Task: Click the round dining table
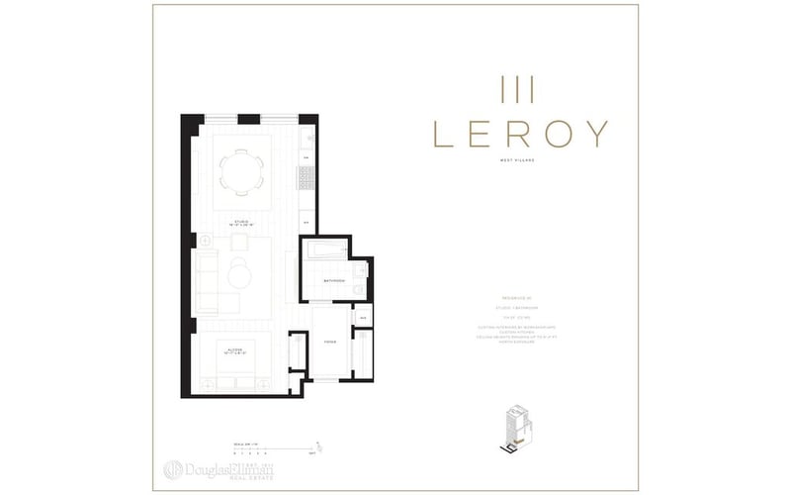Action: pyautogui.click(x=240, y=171)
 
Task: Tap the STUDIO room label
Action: pyautogui.click(x=240, y=223)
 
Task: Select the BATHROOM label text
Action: pyautogui.click(x=333, y=281)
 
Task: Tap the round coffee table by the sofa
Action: pyautogui.click(x=240, y=274)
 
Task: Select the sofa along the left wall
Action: pyautogui.click(x=207, y=281)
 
